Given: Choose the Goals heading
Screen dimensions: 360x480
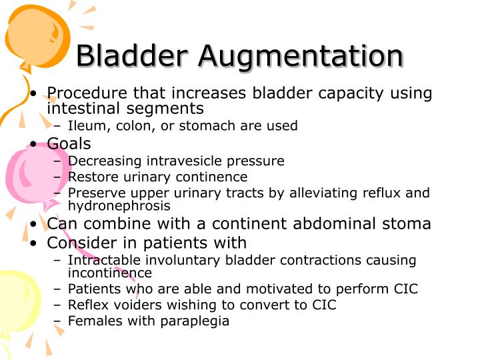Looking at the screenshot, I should (x=69, y=143).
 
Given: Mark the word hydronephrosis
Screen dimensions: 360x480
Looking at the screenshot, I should (x=119, y=206).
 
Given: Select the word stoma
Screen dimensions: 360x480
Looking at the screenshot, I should (x=406, y=224).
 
